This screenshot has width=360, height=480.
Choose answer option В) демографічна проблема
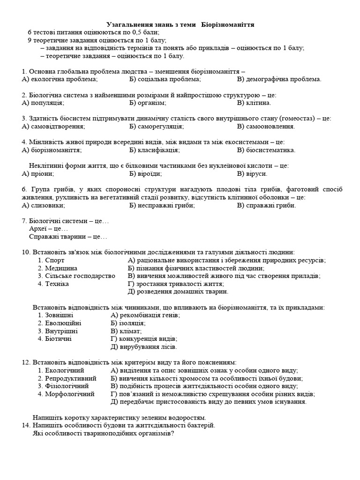coord(279,79)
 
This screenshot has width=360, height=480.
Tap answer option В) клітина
coord(254,103)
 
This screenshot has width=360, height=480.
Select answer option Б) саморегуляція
coord(156,126)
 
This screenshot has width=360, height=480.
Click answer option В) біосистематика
coord(266,150)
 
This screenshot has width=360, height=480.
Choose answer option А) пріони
coord(38,173)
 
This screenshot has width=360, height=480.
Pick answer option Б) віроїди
coord(145,173)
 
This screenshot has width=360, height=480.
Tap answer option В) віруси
coord(252,173)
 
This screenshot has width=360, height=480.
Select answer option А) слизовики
coord(45,205)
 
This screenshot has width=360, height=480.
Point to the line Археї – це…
coord(48,229)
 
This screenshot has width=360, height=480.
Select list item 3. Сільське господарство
coord(76,276)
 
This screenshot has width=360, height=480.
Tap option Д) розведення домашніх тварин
coord(178,292)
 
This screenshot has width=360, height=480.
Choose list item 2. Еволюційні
coord(60,323)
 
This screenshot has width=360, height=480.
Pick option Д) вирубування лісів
coord(144,347)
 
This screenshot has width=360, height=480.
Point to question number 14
coord(26,425)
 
